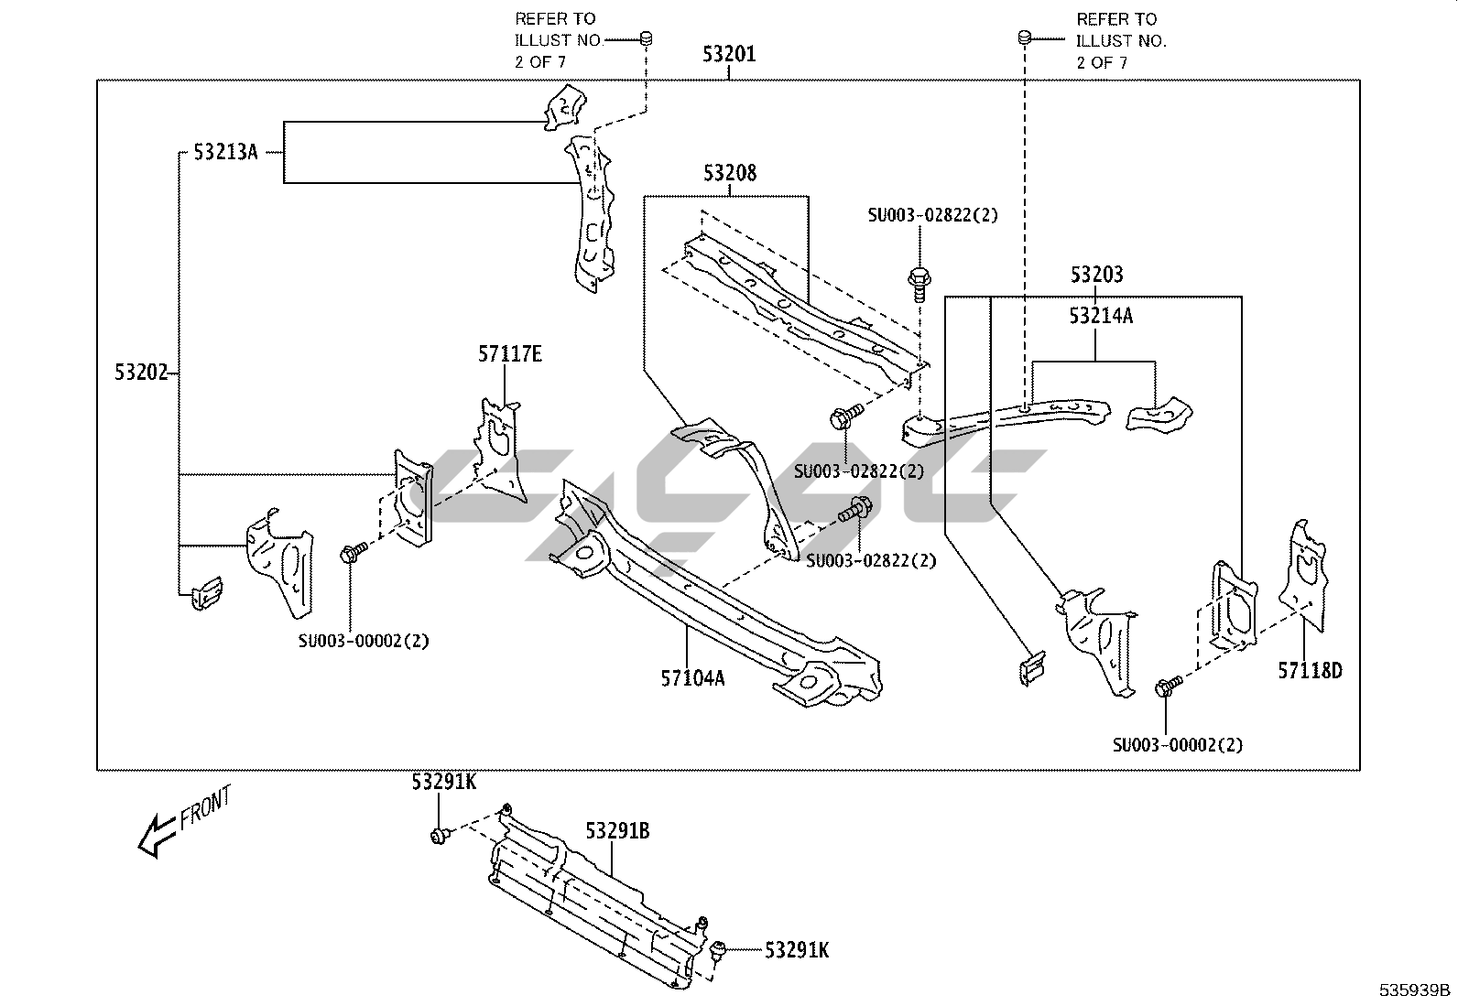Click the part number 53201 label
tap(729, 54)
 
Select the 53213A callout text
tap(225, 152)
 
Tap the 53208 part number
tap(730, 173)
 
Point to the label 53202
tap(141, 373)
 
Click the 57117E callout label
tap(509, 353)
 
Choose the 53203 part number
tap(1096, 274)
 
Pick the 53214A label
tap(1101, 316)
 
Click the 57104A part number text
tap(692, 677)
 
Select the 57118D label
tap(1310, 671)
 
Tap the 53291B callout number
tap(617, 831)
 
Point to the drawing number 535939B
tap(1416, 990)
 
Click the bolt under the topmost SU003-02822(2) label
tap(918, 279)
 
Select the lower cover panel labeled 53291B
tap(595, 906)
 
